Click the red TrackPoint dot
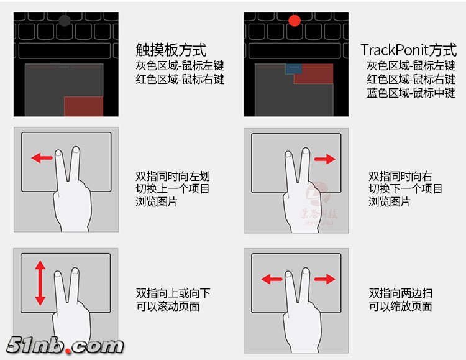pos(295,21)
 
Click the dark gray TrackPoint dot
pos(65,21)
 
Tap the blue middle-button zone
pos(294,69)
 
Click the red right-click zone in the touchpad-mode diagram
pos(84,106)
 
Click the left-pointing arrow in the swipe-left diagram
pos(42,158)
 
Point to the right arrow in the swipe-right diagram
pos(325,159)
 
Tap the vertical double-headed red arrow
pos(40,283)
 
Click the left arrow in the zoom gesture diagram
pos(272,279)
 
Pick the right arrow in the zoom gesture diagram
pos(325,279)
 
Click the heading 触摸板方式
pos(171,50)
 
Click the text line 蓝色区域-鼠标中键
pos(411,93)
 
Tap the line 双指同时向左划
pos(173,176)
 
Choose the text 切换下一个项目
pos(405,188)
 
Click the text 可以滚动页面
pos(168,306)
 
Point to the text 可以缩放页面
pos(400,306)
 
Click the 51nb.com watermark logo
pos(65,346)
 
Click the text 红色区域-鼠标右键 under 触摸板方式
pos(180,79)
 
